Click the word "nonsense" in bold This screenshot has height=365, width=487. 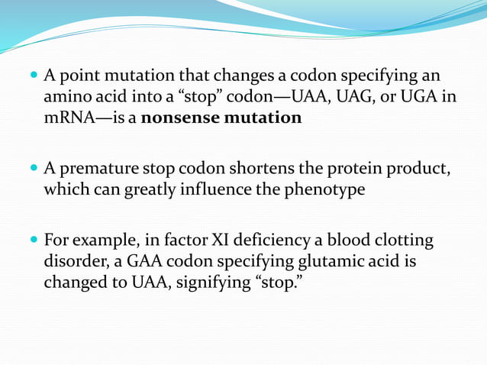click(183, 119)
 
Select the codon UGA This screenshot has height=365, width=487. click(419, 99)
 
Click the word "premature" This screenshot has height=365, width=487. click(93, 169)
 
